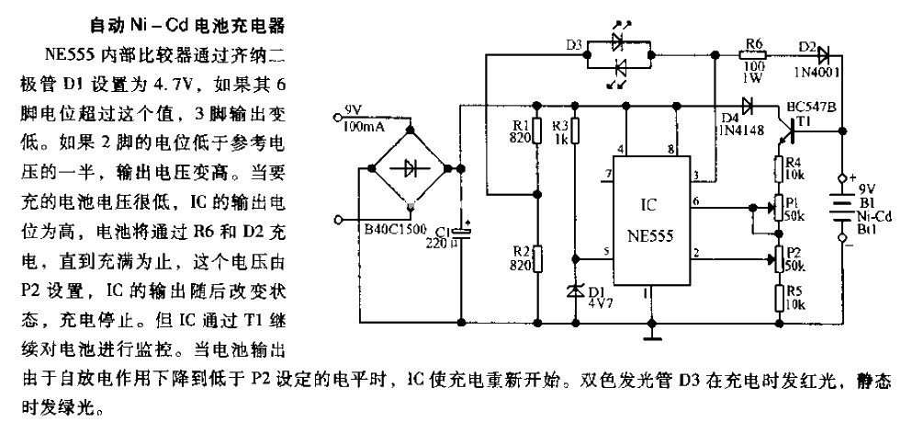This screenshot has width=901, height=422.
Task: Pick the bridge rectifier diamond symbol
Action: (x=408, y=168)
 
